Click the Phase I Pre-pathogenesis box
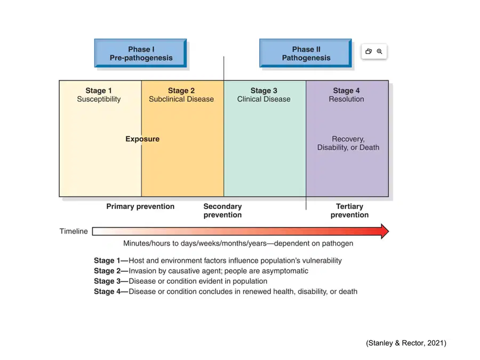140,53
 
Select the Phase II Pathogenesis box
306,53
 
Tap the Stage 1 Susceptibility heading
99,95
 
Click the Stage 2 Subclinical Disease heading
181,95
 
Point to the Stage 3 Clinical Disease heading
263,95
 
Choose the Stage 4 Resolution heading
346,95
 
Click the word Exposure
142,139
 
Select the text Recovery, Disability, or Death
348,143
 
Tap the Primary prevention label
140,206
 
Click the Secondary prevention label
222,211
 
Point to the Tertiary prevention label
349,211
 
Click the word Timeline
74,231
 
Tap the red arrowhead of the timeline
385,231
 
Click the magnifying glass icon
380,51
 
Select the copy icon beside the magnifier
369,51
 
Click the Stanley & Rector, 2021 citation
406,343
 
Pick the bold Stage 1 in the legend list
107,260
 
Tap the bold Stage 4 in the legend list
107,291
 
